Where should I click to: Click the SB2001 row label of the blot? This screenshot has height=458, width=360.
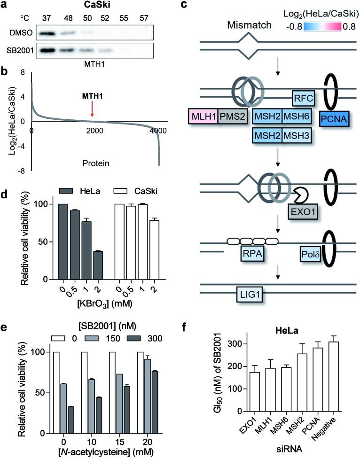pos(20,50)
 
